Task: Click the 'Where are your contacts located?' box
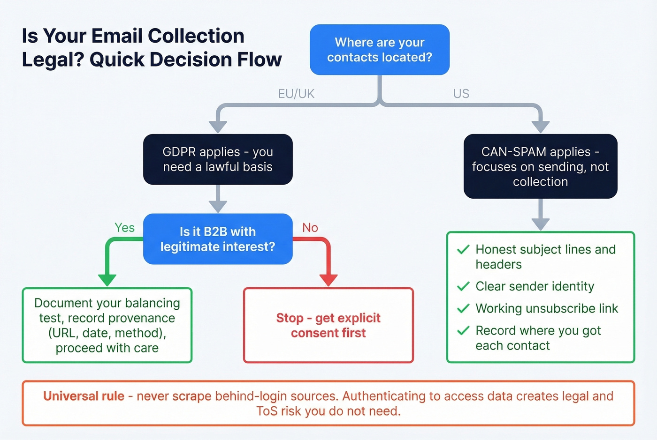[x=380, y=50]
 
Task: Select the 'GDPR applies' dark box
[x=218, y=159]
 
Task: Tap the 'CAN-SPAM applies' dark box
[x=540, y=166]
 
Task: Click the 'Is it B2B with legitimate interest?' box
[x=218, y=239]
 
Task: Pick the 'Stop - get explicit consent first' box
[x=328, y=325]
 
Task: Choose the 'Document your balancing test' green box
[x=107, y=325]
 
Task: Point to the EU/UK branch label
[x=296, y=94]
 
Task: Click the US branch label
[x=461, y=94]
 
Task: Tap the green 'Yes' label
[x=124, y=228]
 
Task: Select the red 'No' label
[x=310, y=228]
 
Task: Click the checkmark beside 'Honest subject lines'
[x=463, y=250]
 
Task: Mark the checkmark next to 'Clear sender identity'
[x=463, y=286]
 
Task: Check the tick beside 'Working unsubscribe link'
[x=463, y=308]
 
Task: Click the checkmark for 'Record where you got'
[x=463, y=331]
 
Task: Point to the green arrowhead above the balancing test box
[x=107, y=280]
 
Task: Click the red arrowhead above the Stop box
[x=328, y=280]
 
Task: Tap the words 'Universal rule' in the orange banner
[x=84, y=396]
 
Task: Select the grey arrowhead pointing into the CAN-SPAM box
[x=540, y=127]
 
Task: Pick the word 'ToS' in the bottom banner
[x=267, y=411]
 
